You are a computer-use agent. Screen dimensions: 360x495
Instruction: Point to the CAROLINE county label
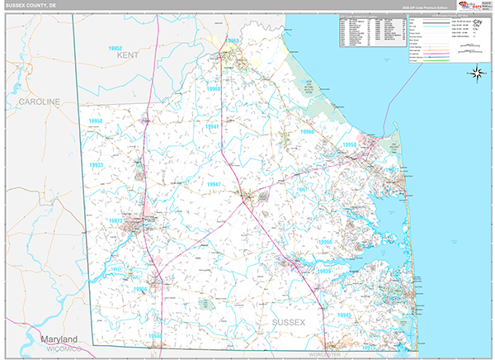tap(39, 101)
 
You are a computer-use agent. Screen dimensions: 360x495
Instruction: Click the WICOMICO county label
tap(59, 349)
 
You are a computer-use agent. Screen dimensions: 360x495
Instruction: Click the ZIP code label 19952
tap(121, 50)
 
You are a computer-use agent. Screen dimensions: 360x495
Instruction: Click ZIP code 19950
tap(97, 121)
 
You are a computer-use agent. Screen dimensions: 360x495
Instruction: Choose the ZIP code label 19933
tap(96, 165)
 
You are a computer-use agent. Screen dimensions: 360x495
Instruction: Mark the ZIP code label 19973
tap(115, 220)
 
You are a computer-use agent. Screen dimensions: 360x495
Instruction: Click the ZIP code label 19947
tap(214, 185)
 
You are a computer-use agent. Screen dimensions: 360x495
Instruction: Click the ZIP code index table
tap(371, 32)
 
